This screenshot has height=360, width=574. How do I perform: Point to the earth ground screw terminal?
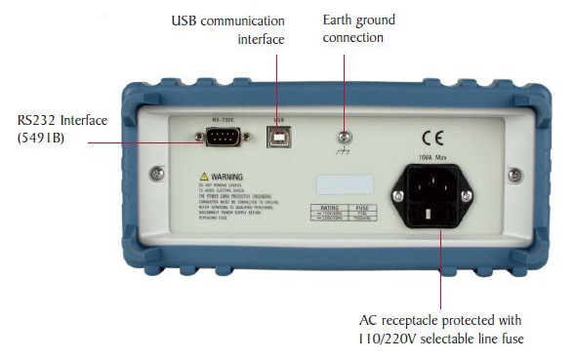(342, 138)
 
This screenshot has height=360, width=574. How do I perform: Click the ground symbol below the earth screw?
(343, 153)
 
